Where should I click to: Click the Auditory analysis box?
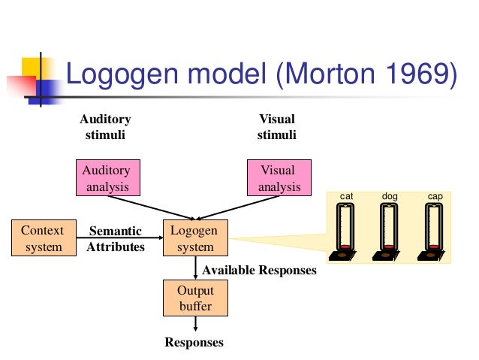click(106, 178)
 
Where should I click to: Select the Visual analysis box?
click(279, 178)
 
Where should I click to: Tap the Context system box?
click(42, 238)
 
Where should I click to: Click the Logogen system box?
click(195, 238)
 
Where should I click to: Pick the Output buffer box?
click(195, 298)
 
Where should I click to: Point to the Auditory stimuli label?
click(105, 127)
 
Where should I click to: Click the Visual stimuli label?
click(277, 127)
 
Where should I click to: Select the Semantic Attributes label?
click(116, 238)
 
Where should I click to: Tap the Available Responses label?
click(259, 270)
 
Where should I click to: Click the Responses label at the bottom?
click(194, 343)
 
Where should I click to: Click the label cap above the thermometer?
click(434, 196)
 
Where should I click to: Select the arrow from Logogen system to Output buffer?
click(196, 268)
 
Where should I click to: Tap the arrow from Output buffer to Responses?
click(196, 325)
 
